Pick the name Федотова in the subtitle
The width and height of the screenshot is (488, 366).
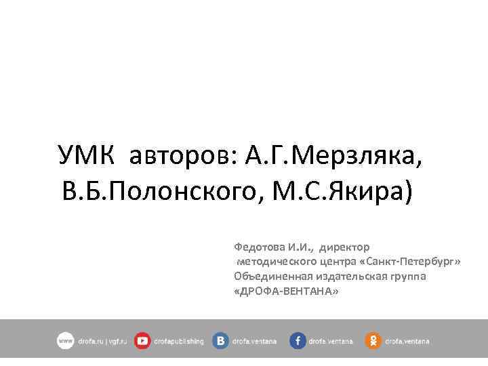click(258, 247)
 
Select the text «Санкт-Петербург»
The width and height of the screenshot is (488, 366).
click(411, 262)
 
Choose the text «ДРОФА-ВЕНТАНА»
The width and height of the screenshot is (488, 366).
click(285, 290)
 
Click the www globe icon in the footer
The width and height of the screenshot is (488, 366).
click(65, 341)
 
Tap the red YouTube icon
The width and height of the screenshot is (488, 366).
click(142, 341)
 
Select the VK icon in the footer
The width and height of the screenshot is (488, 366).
click(220, 341)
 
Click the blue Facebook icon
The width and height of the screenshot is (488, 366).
click(298, 341)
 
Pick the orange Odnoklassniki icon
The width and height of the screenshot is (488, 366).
click(373, 341)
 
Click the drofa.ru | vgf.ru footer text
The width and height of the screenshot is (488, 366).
click(102, 342)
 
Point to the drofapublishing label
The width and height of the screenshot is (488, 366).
click(179, 342)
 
